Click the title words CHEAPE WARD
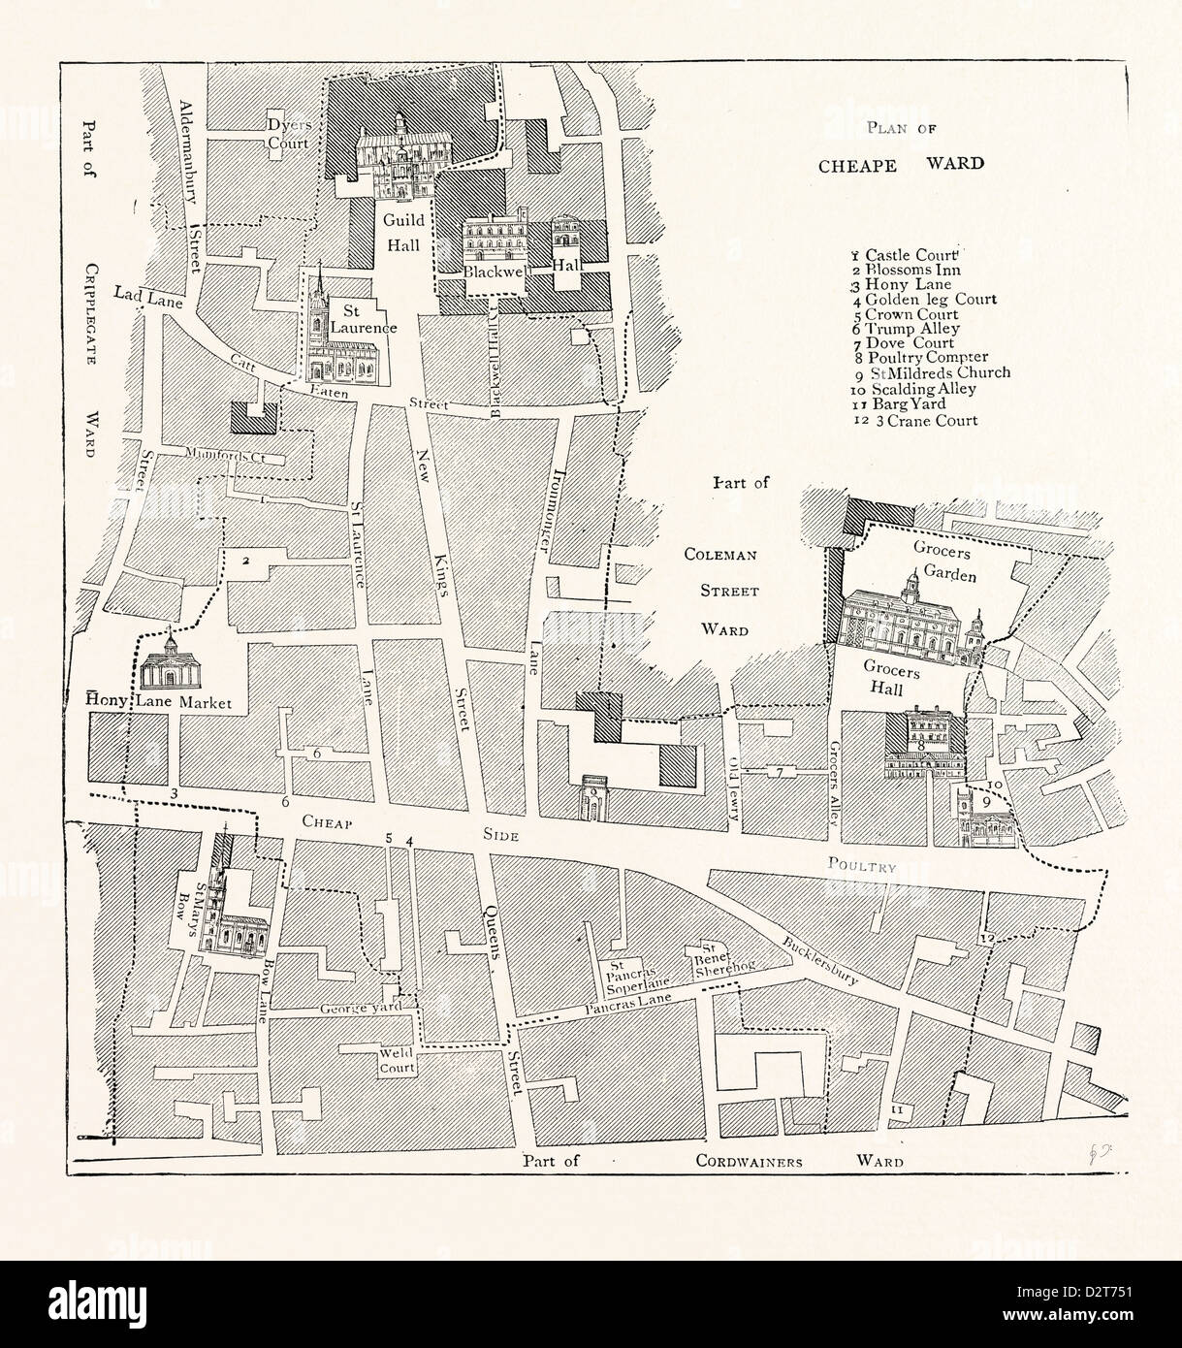click(x=901, y=163)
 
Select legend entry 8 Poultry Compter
click(x=914, y=356)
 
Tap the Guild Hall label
click(x=399, y=234)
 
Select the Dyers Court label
click(x=289, y=135)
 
